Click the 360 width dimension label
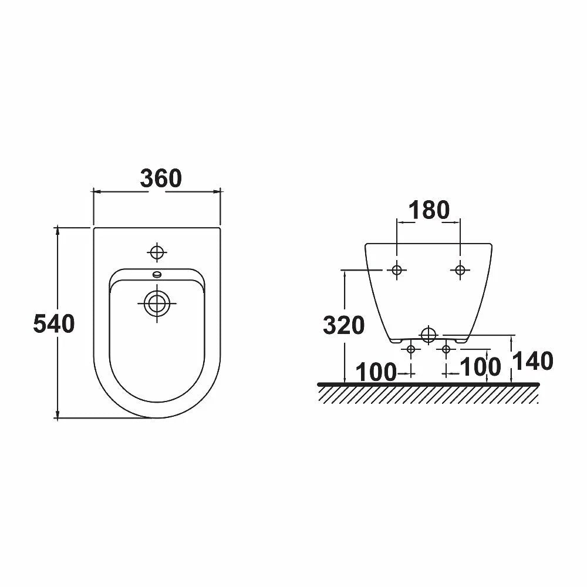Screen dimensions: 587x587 pyautogui.click(x=161, y=178)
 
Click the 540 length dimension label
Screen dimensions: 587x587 pyautogui.click(x=54, y=323)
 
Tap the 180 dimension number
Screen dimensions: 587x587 pyautogui.click(x=429, y=210)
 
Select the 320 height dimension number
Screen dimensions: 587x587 pyautogui.click(x=343, y=325)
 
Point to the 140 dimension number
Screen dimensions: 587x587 pyautogui.click(x=532, y=361)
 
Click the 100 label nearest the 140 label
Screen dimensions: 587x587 pyautogui.click(x=480, y=366)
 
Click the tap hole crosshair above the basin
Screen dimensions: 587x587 pyautogui.click(x=157, y=252)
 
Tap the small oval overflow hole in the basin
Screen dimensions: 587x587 pyautogui.click(x=157, y=275)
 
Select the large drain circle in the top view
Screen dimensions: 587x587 pyautogui.click(x=157, y=303)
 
